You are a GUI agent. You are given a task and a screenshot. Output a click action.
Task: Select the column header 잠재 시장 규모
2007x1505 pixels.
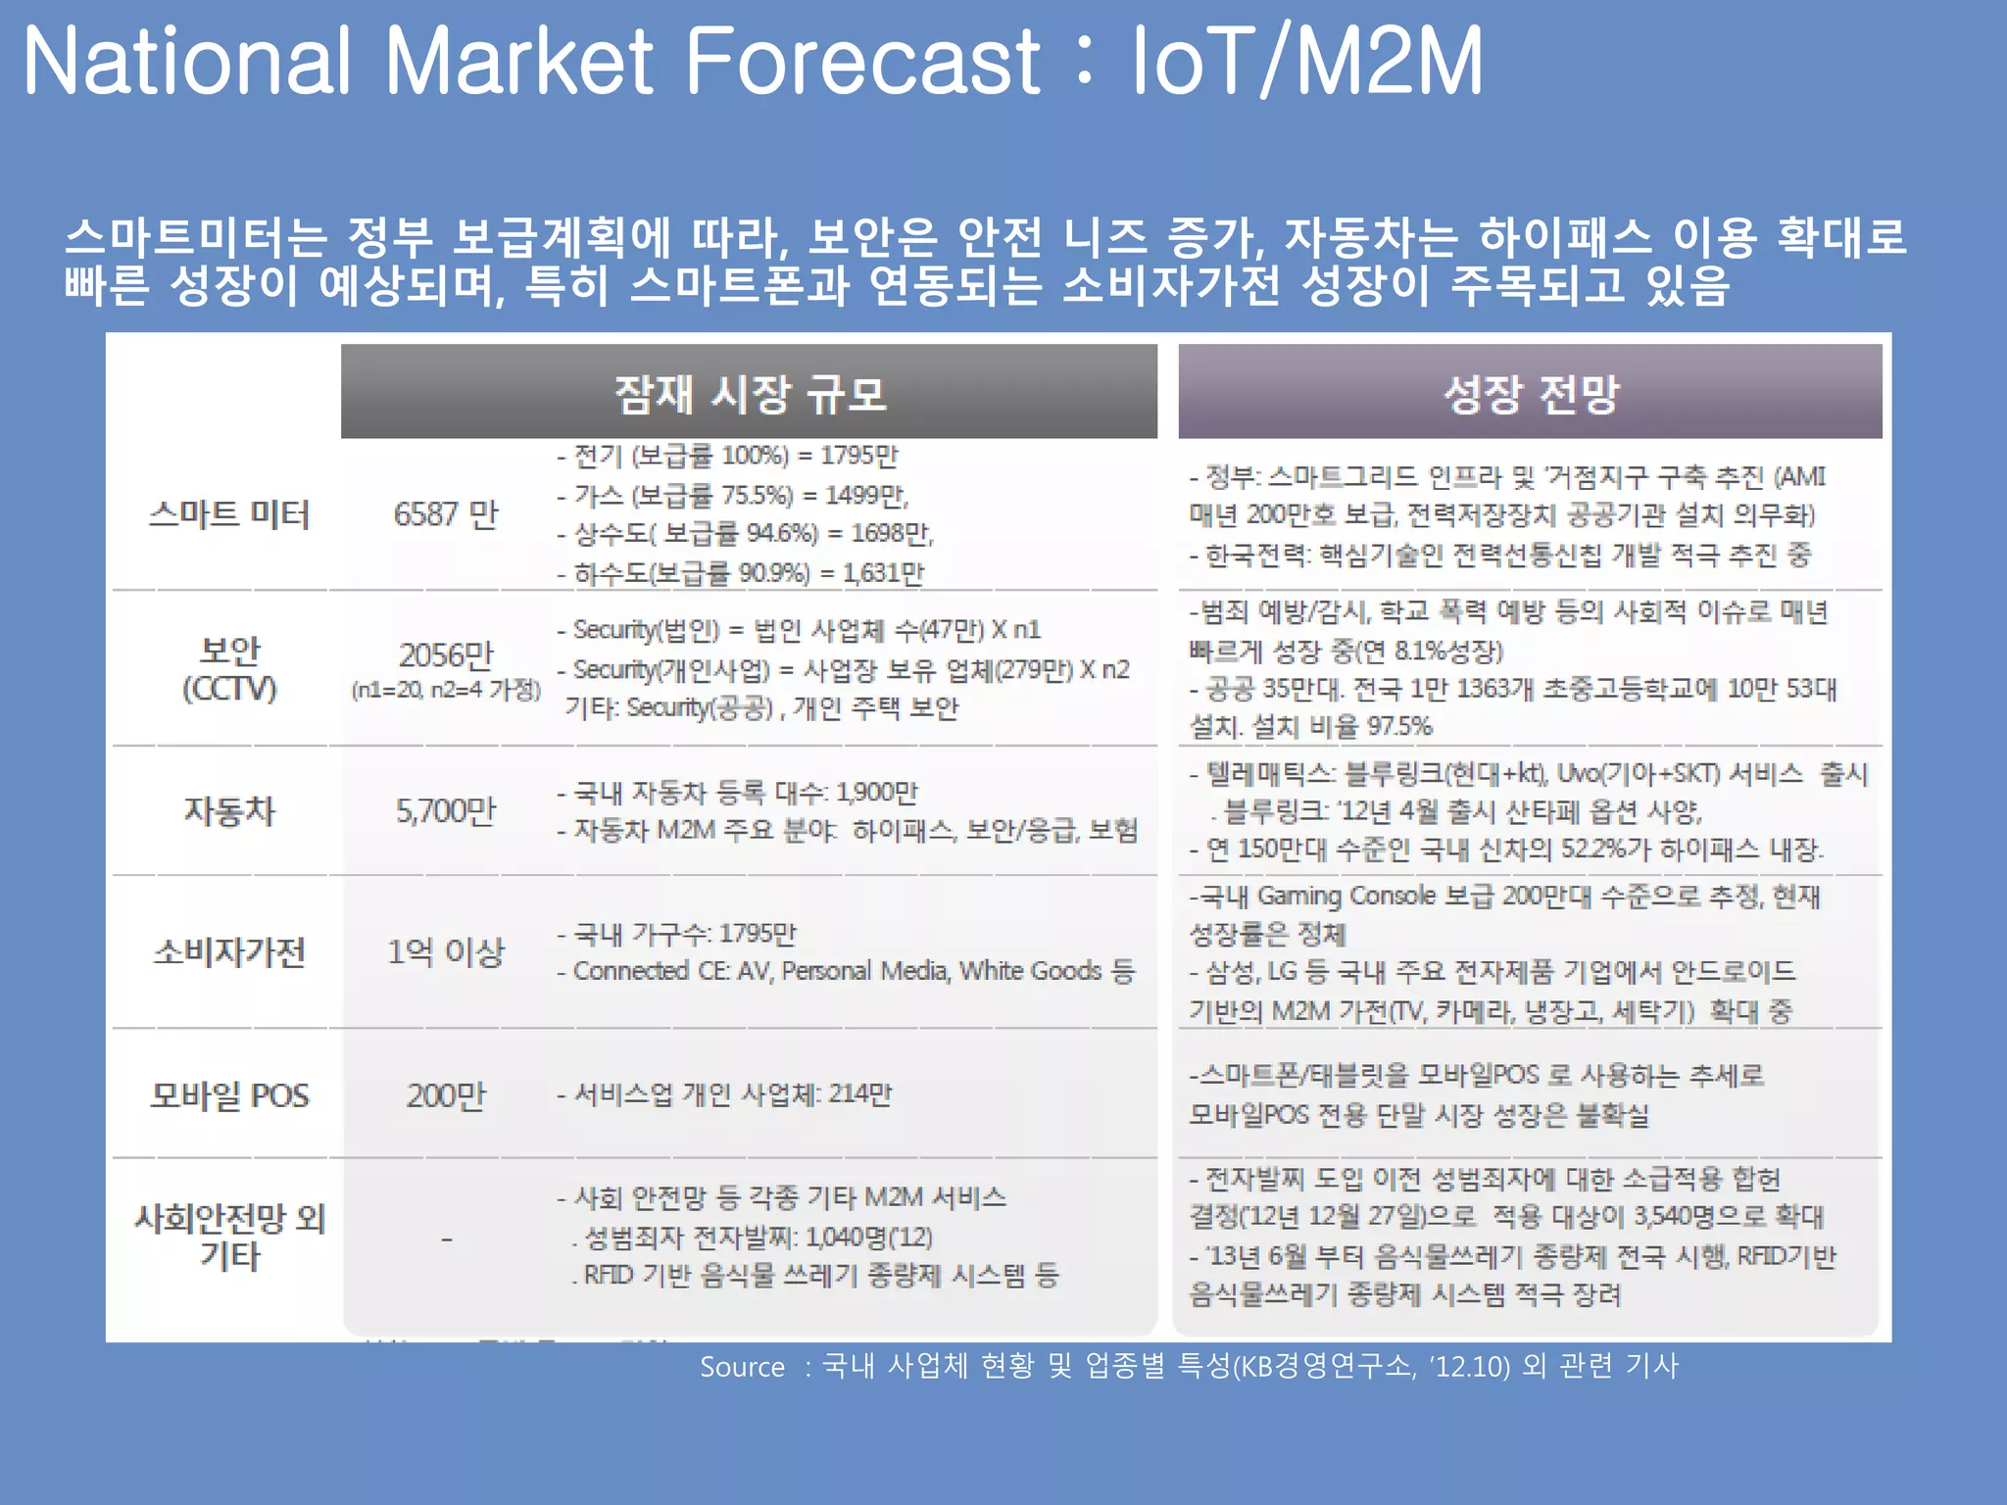point(750,393)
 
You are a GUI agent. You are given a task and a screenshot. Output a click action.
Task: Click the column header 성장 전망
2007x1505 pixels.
point(1530,393)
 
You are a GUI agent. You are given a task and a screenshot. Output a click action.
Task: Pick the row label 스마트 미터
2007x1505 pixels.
point(228,514)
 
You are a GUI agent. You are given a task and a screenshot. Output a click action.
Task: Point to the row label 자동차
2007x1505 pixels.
point(229,811)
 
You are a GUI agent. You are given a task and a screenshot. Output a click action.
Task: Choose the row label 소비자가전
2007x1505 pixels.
point(229,951)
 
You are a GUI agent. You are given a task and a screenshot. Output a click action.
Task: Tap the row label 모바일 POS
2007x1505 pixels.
point(229,1095)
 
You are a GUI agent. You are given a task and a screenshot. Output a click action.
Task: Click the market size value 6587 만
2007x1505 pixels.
point(446,514)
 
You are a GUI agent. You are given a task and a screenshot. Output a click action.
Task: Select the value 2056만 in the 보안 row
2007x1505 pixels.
point(446,655)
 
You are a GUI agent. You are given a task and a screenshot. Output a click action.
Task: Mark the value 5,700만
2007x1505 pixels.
point(446,811)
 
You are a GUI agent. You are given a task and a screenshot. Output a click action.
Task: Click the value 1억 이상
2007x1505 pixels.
point(446,951)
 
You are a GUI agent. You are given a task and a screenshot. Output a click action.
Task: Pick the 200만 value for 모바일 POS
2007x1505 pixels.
point(446,1095)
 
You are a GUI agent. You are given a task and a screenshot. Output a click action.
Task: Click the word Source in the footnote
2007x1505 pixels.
point(742,1367)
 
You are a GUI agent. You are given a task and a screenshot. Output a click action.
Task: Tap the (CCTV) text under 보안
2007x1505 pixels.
point(229,689)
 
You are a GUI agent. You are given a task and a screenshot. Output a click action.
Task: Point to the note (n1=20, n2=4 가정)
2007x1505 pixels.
point(446,690)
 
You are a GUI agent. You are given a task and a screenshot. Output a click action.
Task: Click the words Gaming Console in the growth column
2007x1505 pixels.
point(1346,897)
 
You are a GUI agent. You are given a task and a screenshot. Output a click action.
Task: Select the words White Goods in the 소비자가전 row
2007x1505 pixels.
point(1030,971)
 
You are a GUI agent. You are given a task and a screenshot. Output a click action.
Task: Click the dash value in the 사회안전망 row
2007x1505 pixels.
point(446,1239)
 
